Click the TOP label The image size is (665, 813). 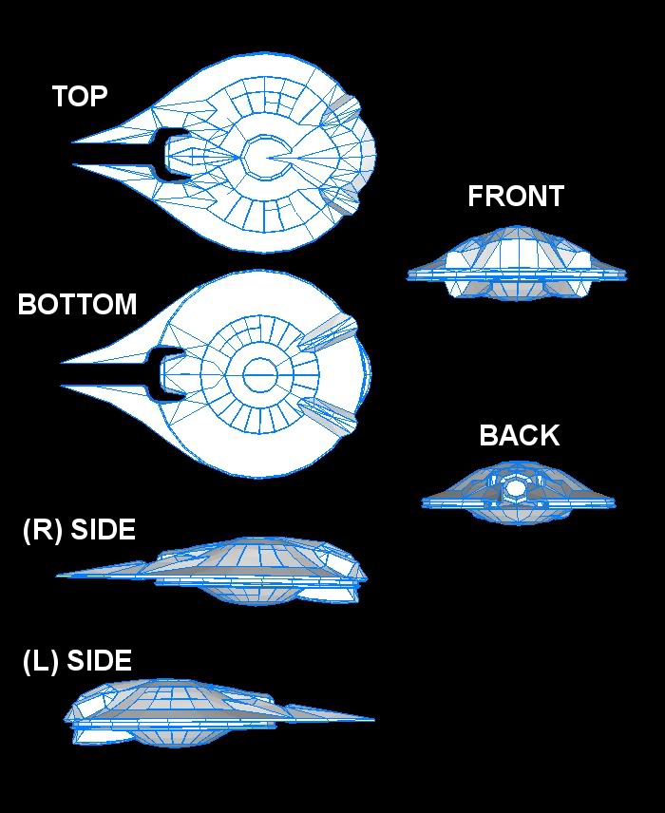click(80, 96)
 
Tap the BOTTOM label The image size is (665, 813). click(77, 305)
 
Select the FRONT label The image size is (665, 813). click(516, 197)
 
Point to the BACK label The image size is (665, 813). click(520, 436)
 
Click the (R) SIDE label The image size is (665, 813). click(79, 530)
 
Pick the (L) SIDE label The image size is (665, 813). click(77, 661)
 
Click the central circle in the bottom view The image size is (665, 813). click(259, 375)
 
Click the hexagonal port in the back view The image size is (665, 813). click(514, 488)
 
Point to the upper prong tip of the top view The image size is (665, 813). click(74, 142)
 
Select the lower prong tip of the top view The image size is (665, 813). click(74, 165)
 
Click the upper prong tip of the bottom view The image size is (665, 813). click(63, 362)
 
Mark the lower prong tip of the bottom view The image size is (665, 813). click(63, 386)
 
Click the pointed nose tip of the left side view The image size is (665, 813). click(372, 720)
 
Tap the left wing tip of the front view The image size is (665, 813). click(410, 274)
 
